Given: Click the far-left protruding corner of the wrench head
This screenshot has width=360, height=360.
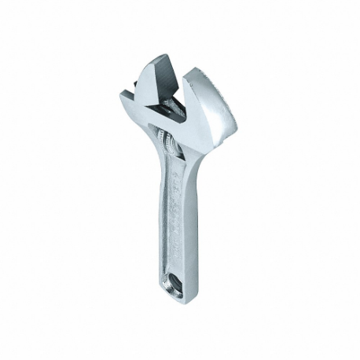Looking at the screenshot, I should pyautogui.click(x=125, y=95).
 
